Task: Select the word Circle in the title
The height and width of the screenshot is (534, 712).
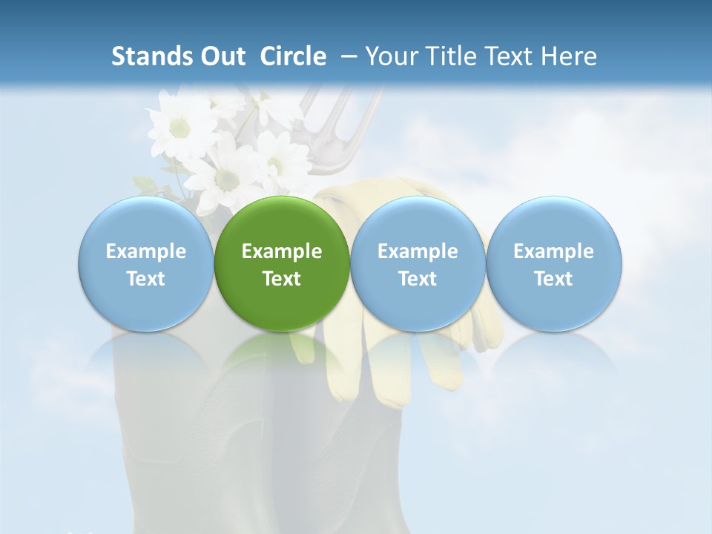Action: click(293, 56)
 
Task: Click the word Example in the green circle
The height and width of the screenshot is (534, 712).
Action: click(282, 251)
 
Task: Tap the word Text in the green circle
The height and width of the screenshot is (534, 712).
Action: click(282, 279)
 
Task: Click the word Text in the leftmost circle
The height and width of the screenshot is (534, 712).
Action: click(145, 279)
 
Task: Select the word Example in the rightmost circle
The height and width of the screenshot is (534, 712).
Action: click(554, 251)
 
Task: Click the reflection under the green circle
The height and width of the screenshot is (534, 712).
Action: click(282, 356)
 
